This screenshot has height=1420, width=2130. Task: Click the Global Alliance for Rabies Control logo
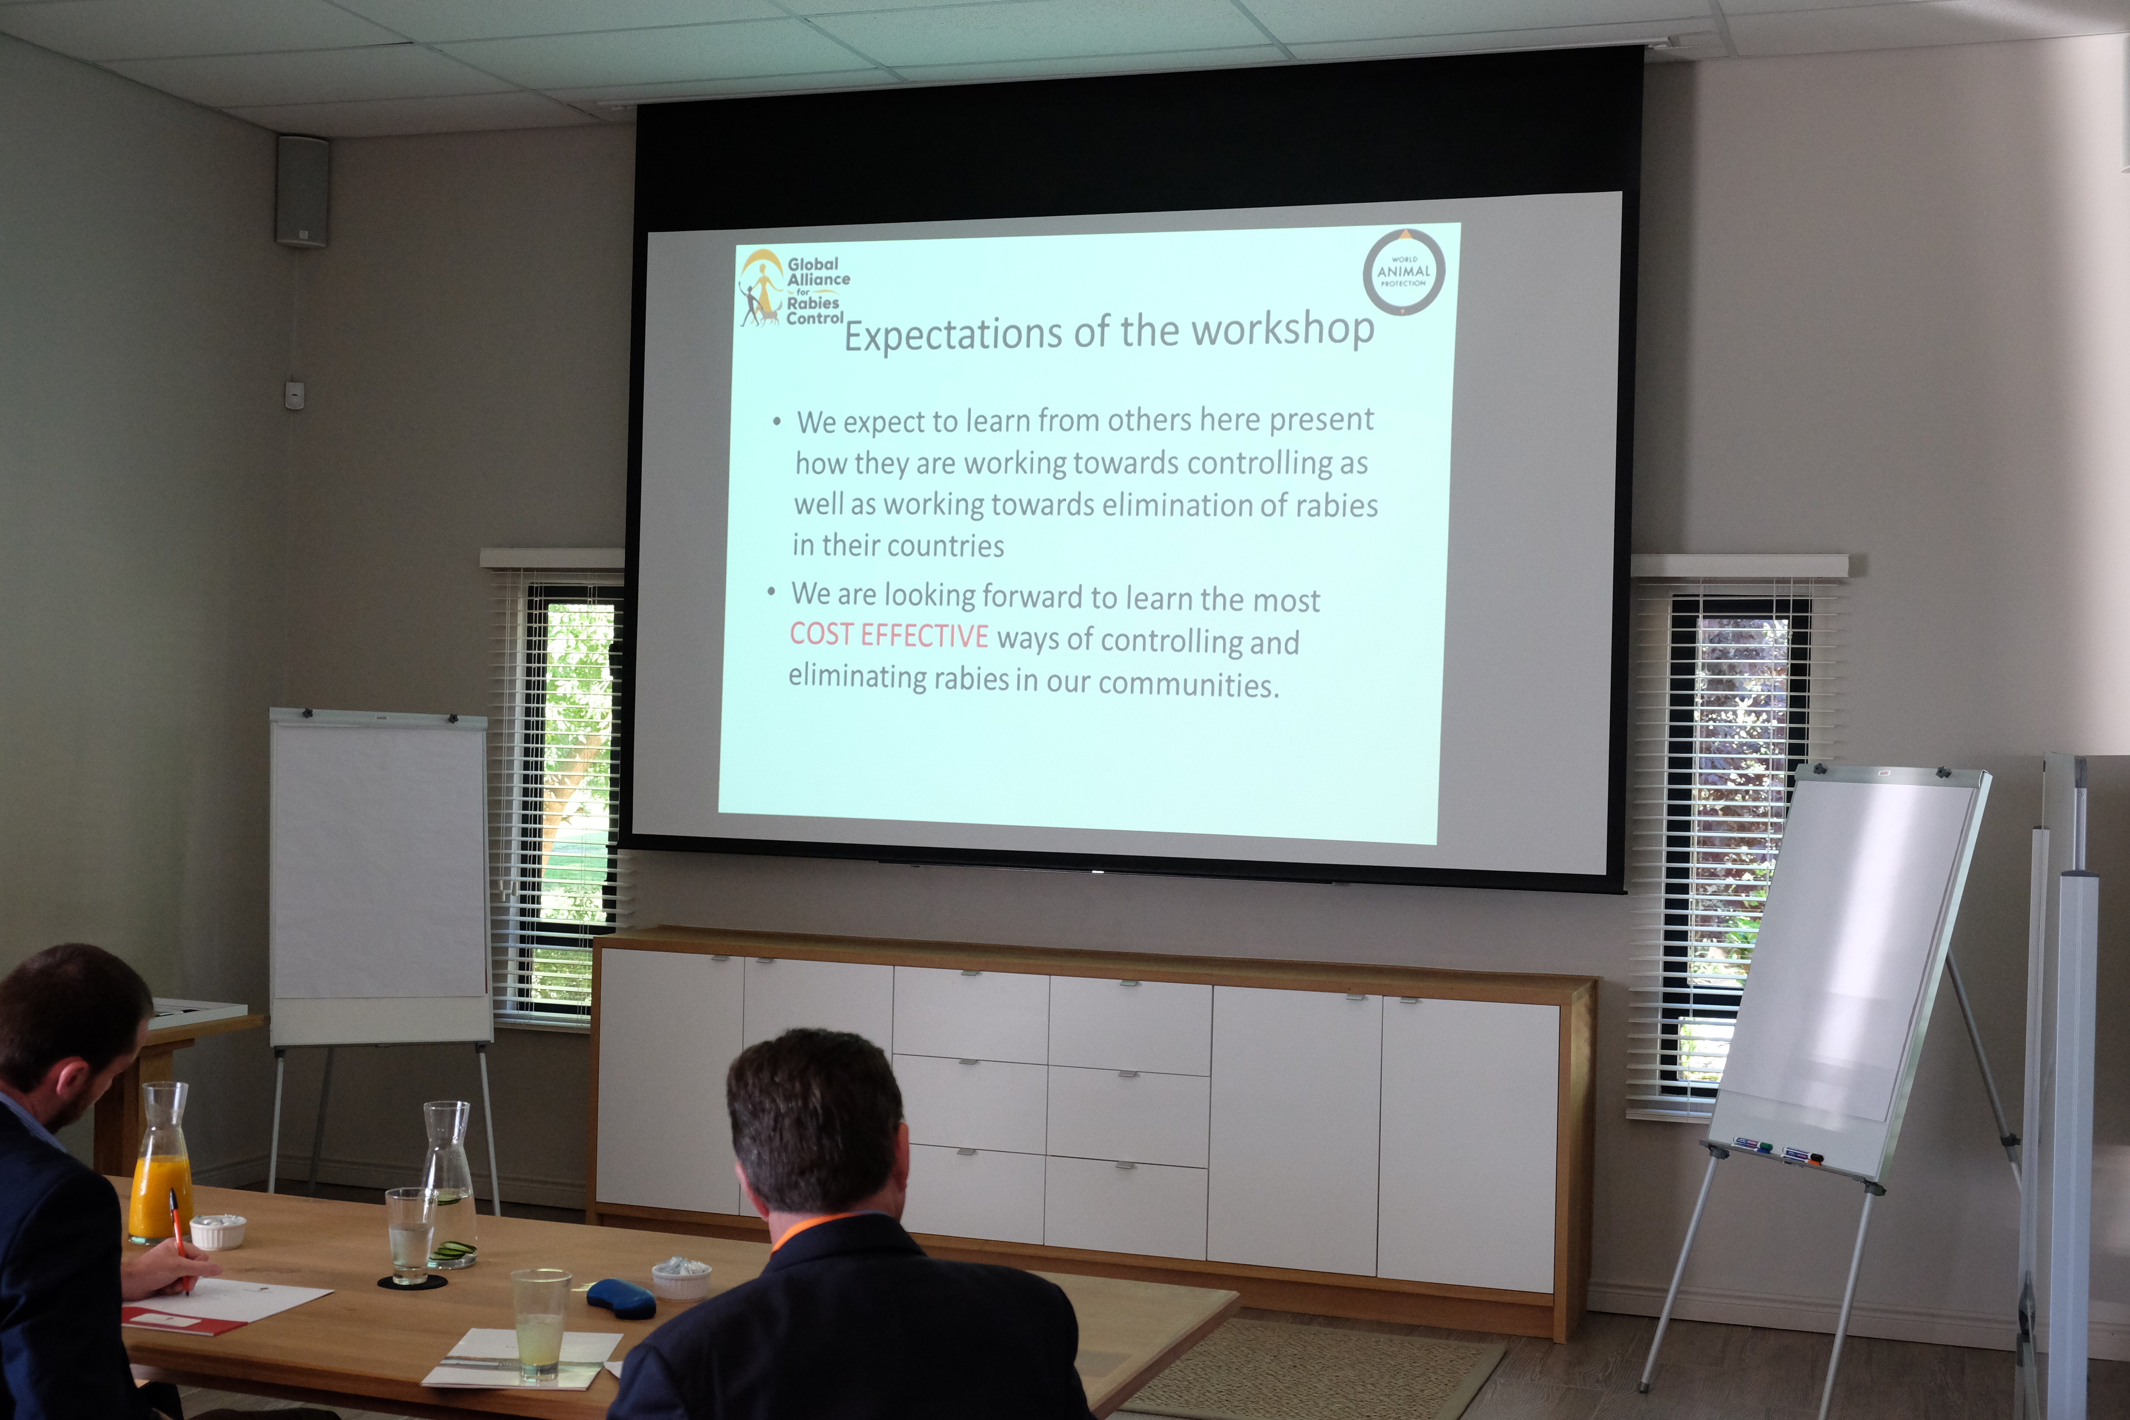792,290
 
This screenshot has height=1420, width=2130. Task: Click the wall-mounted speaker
302,191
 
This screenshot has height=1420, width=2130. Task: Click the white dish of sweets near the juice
218,1232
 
